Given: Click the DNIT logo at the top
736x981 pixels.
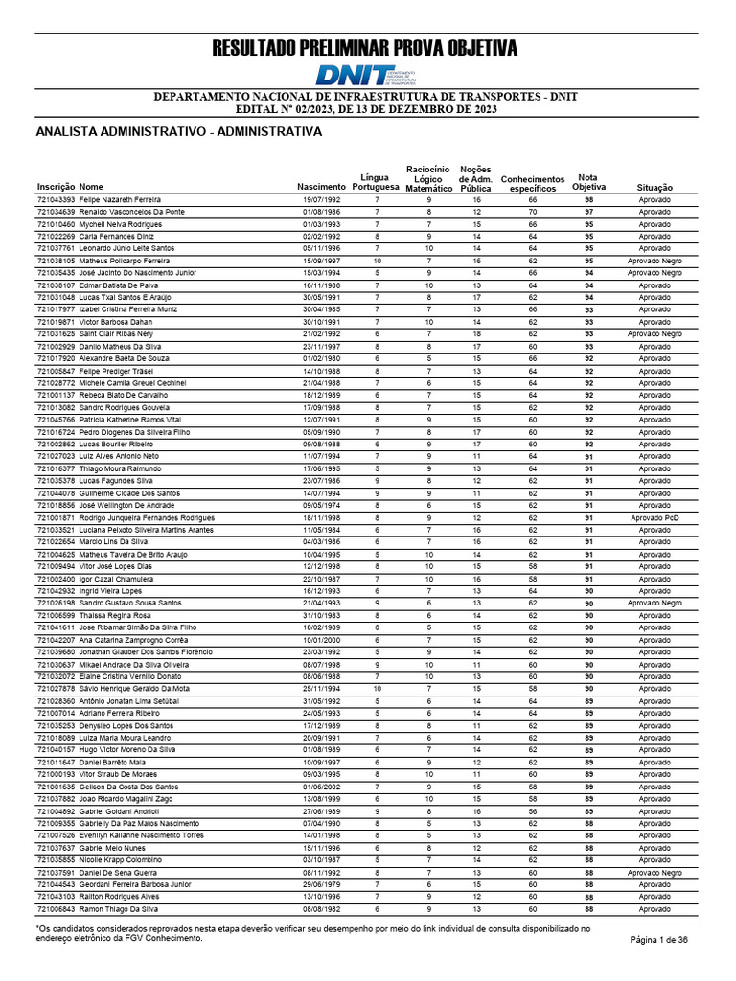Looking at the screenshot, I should pos(367,77).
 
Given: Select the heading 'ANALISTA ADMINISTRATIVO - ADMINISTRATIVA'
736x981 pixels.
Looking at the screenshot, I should pos(178,131).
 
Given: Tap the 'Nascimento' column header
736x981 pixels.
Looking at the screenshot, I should pos(321,186).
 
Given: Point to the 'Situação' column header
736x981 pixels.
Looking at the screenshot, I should pos(655,187).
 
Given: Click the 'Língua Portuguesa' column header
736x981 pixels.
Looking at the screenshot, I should pos(375,181).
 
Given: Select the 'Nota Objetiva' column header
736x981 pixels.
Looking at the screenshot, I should pos(588,181).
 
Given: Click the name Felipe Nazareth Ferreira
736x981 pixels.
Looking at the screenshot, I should pos(120,199).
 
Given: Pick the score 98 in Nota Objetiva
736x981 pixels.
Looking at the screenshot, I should pos(589,199).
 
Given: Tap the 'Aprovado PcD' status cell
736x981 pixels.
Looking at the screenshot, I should pos(655,518).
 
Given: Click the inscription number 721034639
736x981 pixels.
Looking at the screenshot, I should pos(56,211).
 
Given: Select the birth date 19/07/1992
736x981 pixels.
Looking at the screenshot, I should pos(321,199).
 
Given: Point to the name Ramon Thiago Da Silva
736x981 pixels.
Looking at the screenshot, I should pos(119,908).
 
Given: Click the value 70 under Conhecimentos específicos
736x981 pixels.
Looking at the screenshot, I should pos(533,211).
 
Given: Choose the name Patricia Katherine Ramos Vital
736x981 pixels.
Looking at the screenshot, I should pos(129,420).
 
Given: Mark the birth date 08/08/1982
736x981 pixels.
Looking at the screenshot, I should pos(321,908).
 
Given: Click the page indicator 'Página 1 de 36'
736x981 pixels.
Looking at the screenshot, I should pos(658,940).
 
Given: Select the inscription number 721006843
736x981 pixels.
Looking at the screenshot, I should pos(56,908).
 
